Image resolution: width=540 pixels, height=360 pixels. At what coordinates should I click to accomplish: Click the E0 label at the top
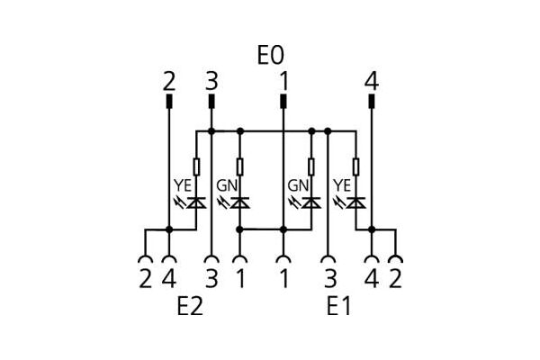269,56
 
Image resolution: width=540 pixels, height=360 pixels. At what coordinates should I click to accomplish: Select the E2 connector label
189,307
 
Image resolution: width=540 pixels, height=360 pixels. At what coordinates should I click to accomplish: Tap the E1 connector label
338,307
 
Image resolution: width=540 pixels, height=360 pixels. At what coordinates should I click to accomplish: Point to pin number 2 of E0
169,82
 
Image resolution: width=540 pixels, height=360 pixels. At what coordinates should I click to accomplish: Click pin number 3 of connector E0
211,82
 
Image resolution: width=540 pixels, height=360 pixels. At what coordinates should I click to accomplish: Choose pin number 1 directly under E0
283,82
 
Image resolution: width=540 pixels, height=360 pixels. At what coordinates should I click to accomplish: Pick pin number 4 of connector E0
371,82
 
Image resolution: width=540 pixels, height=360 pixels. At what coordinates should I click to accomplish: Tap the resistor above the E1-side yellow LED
356,166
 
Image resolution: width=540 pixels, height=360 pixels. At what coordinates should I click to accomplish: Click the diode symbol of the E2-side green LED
239,202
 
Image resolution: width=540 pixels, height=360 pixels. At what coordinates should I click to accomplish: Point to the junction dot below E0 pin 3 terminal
211,130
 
